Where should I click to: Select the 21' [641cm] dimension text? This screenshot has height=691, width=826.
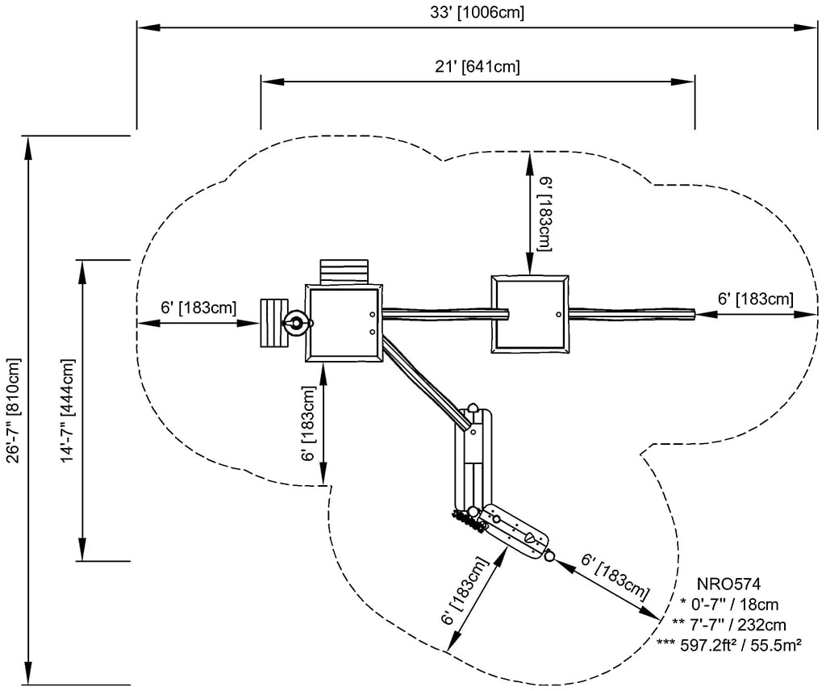pos(478,66)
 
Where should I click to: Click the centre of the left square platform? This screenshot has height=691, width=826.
pos(344,323)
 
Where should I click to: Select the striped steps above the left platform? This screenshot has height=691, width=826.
pos(344,270)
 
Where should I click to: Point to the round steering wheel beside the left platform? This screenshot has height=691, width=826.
pos(295,324)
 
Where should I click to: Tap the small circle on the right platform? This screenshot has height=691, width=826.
pos(557,313)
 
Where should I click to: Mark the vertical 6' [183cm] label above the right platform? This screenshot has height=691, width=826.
pos(546,215)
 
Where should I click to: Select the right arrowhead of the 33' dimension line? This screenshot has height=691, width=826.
pos(810,27)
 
